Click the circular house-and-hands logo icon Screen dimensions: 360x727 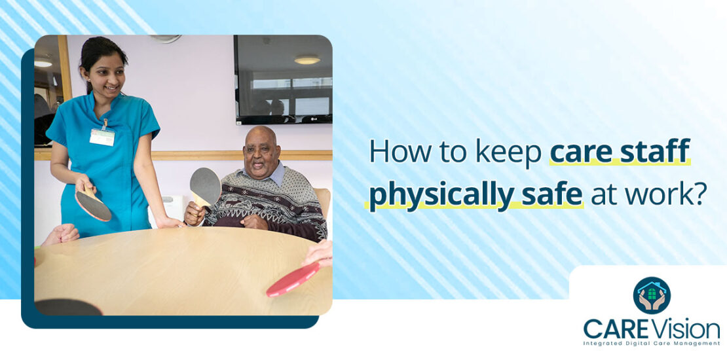pyautogui.click(x=652, y=295)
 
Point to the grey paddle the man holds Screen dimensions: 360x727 pyautogui.click(x=205, y=187)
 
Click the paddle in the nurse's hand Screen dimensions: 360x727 pyautogui.click(x=92, y=204)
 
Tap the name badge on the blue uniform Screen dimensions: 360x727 pyautogui.click(x=102, y=136)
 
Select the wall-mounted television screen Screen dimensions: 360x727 pyautogui.click(x=283, y=79)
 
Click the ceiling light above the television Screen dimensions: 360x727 pyautogui.click(x=307, y=60)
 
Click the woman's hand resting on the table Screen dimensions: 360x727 pyautogui.click(x=168, y=223)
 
